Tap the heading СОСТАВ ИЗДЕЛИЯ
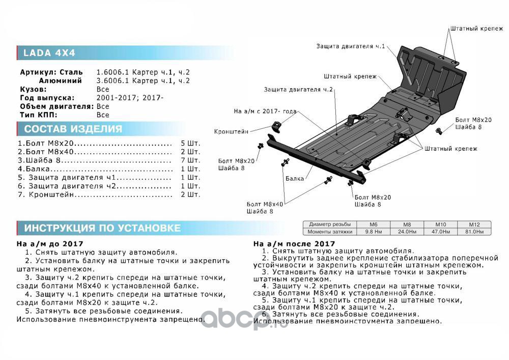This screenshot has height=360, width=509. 73,129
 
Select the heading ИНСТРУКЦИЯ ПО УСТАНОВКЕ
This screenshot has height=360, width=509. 102,228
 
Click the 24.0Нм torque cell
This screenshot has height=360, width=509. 406,232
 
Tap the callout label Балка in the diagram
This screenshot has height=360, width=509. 295,179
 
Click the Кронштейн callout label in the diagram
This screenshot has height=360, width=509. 232,131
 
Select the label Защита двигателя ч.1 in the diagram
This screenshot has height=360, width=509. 350,46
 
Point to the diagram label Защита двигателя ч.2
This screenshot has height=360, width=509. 298,90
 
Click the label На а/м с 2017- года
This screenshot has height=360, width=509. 265,110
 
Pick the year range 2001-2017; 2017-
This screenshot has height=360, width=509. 130,98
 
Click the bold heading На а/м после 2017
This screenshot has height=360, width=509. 294,244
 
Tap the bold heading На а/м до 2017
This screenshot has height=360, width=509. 50,244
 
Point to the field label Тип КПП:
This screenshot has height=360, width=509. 39,115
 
